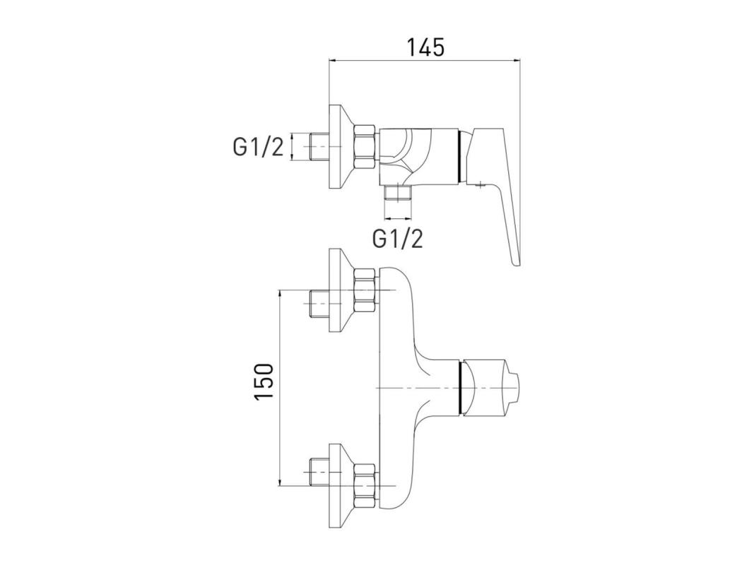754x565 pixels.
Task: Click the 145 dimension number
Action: click(426, 47)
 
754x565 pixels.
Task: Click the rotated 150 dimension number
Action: click(264, 381)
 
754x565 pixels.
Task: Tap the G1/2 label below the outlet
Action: click(398, 238)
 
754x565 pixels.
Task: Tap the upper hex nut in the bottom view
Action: click(365, 291)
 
